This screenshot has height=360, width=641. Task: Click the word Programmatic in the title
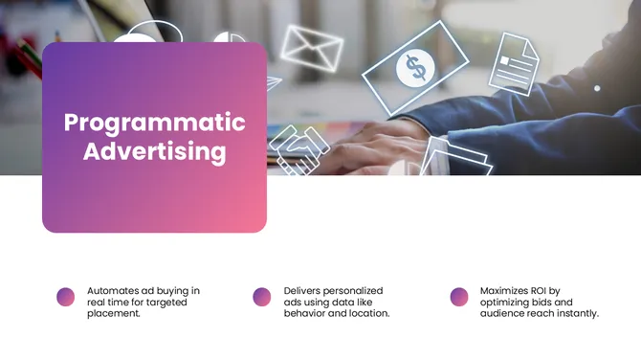tap(154, 123)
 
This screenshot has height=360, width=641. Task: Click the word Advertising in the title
tap(154, 151)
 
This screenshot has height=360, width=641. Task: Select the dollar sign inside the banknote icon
tap(415, 68)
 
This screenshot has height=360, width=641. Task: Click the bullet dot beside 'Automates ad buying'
tap(66, 297)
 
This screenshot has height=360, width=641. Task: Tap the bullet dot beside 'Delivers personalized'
tap(262, 297)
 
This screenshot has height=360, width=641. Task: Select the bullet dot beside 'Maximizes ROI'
tap(459, 297)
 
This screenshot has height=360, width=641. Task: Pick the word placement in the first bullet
tap(114, 313)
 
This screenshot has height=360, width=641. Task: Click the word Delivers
tap(305, 290)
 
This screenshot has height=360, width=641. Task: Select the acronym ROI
tap(555, 290)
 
